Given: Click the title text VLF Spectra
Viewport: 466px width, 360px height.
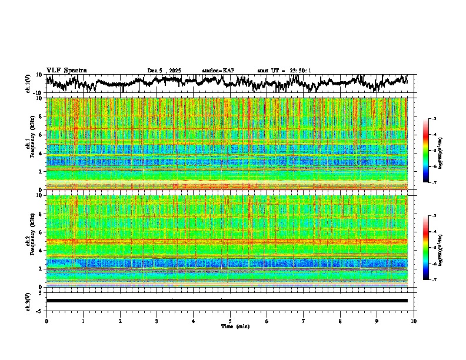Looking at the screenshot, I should [66, 70].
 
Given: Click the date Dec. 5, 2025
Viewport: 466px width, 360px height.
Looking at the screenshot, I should [165, 71].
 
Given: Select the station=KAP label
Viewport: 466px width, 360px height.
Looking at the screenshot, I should [218, 71].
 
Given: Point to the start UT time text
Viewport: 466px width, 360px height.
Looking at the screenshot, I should [284, 71].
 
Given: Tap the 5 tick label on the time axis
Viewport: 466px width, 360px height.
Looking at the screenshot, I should [230, 321].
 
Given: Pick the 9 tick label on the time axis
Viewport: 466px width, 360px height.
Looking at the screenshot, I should [377, 321].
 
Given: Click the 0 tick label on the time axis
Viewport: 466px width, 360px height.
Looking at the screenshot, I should [46, 321].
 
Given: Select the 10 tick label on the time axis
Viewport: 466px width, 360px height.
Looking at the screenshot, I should [414, 321].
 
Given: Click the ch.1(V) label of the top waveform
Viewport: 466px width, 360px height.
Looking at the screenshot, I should [28, 84].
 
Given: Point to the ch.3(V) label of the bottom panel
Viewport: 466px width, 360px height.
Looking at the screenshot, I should [28, 301].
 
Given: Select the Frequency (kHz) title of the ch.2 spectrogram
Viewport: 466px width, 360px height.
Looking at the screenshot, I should [33, 241].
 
